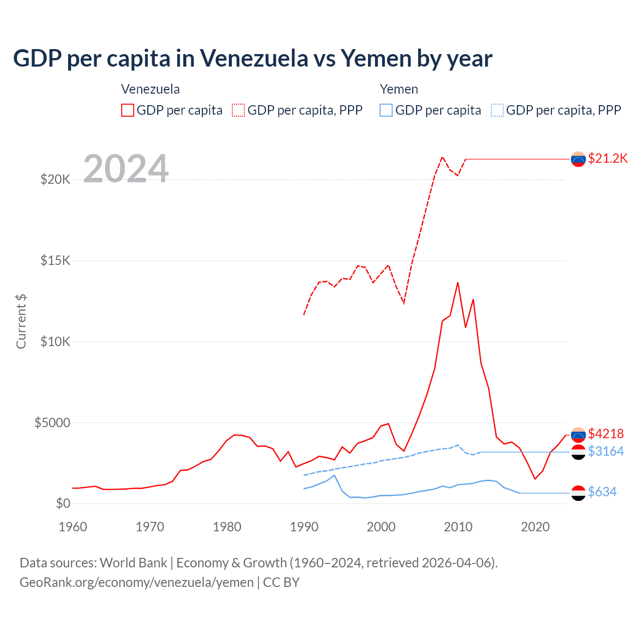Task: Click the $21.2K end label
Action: pyautogui.click(x=607, y=159)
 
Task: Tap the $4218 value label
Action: pyautogui.click(x=605, y=434)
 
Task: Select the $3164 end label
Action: pyautogui.click(x=605, y=452)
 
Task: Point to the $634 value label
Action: pyautogui.click(x=602, y=492)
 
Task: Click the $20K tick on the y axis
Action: pyautogui.click(x=55, y=179)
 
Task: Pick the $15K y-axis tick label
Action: pyautogui.click(x=55, y=260)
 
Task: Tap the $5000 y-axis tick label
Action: pyautogui.click(x=52, y=423)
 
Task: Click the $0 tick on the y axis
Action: pyautogui.click(x=63, y=504)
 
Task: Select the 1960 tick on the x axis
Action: pyautogui.click(x=73, y=527)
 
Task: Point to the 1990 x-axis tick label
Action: pyautogui.click(x=304, y=527)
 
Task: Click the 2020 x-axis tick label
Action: pyautogui.click(x=535, y=527)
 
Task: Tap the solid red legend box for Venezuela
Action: pyautogui.click(x=128, y=110)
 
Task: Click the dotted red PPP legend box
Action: pyautogui.click(x=238, y=110)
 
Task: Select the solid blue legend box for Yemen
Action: pyautogui.click(x=386, y=110)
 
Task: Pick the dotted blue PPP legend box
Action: pyautogui.click(x=497, y=110)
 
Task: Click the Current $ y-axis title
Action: pyautogui.click(x=21, y=322)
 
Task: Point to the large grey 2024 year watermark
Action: pyautogui.click(x=126, y=168)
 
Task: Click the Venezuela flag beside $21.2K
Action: pyautogui.click(x=578, y=159)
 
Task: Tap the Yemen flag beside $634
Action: pyautogui.click(x=578, y=493)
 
